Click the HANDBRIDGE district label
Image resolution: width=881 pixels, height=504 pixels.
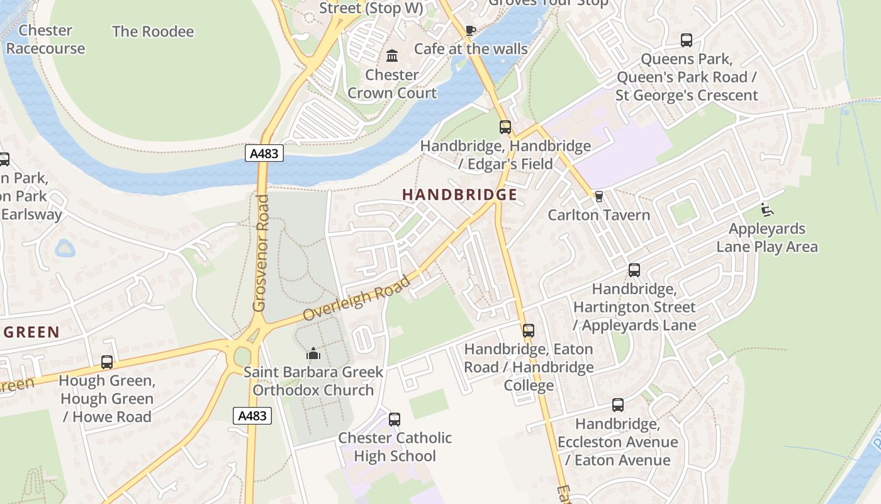point(459,195)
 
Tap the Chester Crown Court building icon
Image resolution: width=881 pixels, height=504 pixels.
point(392,56)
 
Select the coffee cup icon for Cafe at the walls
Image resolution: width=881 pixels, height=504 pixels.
point(470,30)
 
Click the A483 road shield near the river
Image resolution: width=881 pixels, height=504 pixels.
point(264,154)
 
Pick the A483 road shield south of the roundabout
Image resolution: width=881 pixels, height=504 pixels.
point(253,416)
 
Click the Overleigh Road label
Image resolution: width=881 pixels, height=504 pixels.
point(356,297)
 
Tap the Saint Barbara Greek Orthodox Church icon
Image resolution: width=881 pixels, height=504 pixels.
point(313,353)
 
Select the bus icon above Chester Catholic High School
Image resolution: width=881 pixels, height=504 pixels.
point(395,419)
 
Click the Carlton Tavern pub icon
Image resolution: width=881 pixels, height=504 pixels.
point(598,197)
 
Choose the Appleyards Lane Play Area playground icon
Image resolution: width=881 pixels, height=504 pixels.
point(766,209)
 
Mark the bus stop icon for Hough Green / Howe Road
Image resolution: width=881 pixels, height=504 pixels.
point(107,362)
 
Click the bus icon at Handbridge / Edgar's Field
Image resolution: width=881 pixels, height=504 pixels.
point(505,127)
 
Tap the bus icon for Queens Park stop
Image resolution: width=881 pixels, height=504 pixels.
point(687,40)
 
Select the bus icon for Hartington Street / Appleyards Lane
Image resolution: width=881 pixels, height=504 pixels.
point(634,270)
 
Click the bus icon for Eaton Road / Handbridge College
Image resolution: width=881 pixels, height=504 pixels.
point(529,330)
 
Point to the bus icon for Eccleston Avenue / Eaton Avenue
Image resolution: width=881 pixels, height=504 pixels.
point(618,405)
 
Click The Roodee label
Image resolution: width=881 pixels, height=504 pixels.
point(153,31)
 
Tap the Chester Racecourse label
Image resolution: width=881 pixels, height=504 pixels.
point(45,39)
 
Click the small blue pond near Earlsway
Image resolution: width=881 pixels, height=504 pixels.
point(65,248)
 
